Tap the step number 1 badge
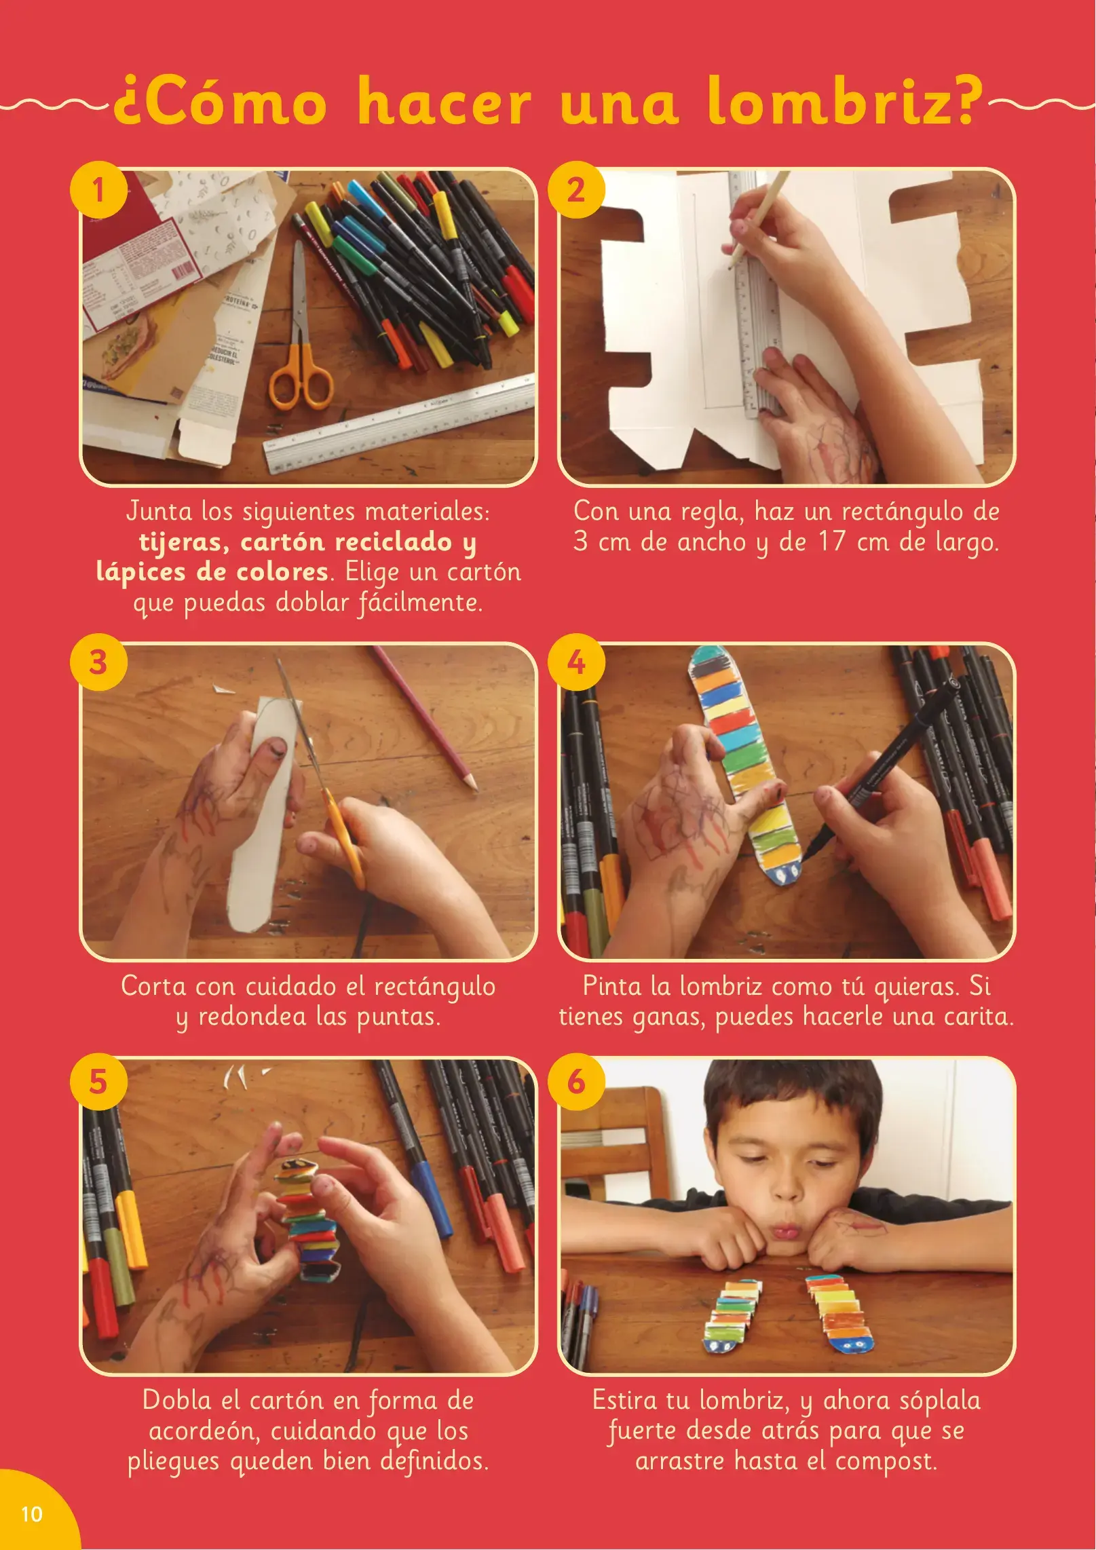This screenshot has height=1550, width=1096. tap(99, 189)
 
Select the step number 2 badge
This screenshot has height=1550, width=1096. tap(576, 189)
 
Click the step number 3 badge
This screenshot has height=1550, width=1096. tap(99, 662)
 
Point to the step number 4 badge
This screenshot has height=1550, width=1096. tap(576, 662)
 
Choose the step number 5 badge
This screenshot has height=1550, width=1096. tap(99, 1082)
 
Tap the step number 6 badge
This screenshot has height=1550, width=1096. tap(576, 1082)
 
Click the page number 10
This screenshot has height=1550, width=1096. tap(32, 1513)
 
